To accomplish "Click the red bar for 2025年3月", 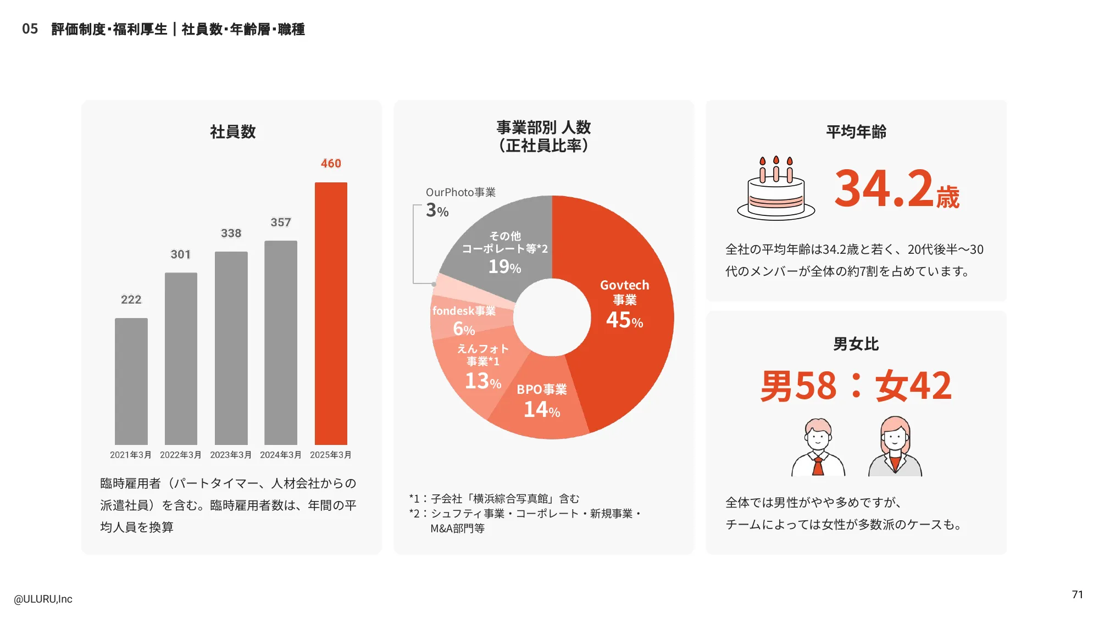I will tap(331, 313).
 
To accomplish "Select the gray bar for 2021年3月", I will tap(131, 381).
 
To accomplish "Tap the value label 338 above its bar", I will tap(231, 233).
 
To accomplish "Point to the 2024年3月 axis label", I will tap(281, 455).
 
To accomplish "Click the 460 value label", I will tap(331, 164).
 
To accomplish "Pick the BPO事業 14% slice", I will tap(541, 401).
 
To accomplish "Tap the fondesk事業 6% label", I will tap(464, 319).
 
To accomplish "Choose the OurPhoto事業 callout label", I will tap(460, 192).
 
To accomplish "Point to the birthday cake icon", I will tap(775, 190).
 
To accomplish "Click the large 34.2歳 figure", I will tap(896, 190).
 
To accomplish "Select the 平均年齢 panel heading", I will tap(856, 132).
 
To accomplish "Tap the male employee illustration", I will tap(818, 447).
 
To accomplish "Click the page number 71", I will tap(1077, 594).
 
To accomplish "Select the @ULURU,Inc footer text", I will tap(43, 599).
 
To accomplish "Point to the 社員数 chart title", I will tap(233, 132).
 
